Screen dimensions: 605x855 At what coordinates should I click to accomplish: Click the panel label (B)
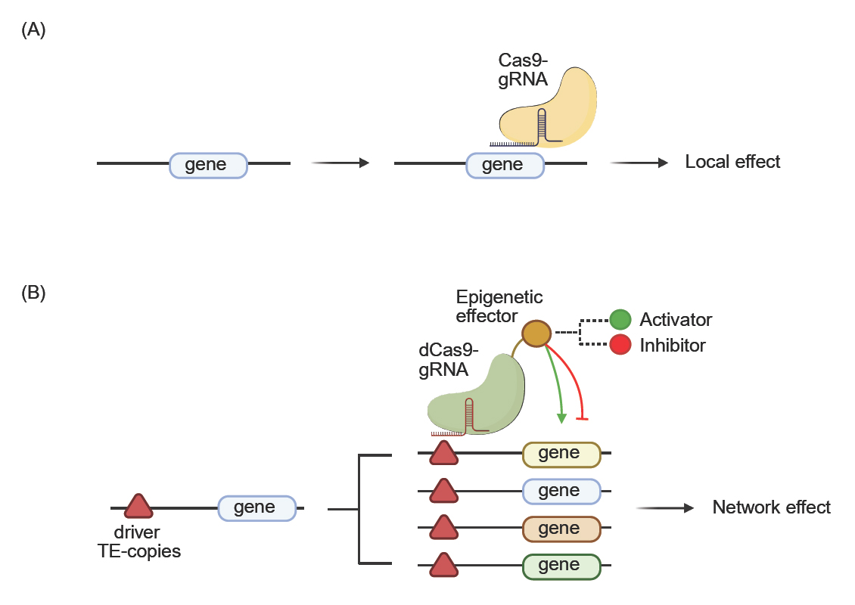pos(34,293)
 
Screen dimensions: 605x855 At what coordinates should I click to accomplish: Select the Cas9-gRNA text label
pos(523,69)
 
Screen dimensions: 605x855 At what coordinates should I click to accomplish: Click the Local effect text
pos(732,162)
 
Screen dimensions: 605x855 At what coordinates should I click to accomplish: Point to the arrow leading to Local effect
pos(639,163)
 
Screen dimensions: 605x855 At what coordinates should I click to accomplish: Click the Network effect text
pos(771,507)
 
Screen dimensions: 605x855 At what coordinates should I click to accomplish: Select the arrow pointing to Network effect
pos(665,508)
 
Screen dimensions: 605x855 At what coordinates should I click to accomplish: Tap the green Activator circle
pos(620,320)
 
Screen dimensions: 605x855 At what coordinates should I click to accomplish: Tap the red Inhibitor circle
pos(620,346)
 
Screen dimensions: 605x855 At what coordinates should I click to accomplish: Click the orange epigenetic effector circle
pos(536,333)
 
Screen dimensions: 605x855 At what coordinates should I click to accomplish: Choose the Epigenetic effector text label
pos(499,306)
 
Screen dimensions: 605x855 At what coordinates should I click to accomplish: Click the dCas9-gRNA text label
pos(443,360)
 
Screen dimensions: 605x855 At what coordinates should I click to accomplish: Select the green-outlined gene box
pos(561,566)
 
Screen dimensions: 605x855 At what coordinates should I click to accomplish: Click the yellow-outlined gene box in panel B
pos(561,454)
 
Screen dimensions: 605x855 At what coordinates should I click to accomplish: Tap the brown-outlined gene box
pos(561,529)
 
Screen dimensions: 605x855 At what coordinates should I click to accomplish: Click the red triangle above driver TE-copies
pos(138,506)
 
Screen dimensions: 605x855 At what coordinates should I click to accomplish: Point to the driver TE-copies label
pos(139,541)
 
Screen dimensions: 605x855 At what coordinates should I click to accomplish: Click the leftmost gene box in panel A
pos(207,166)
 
